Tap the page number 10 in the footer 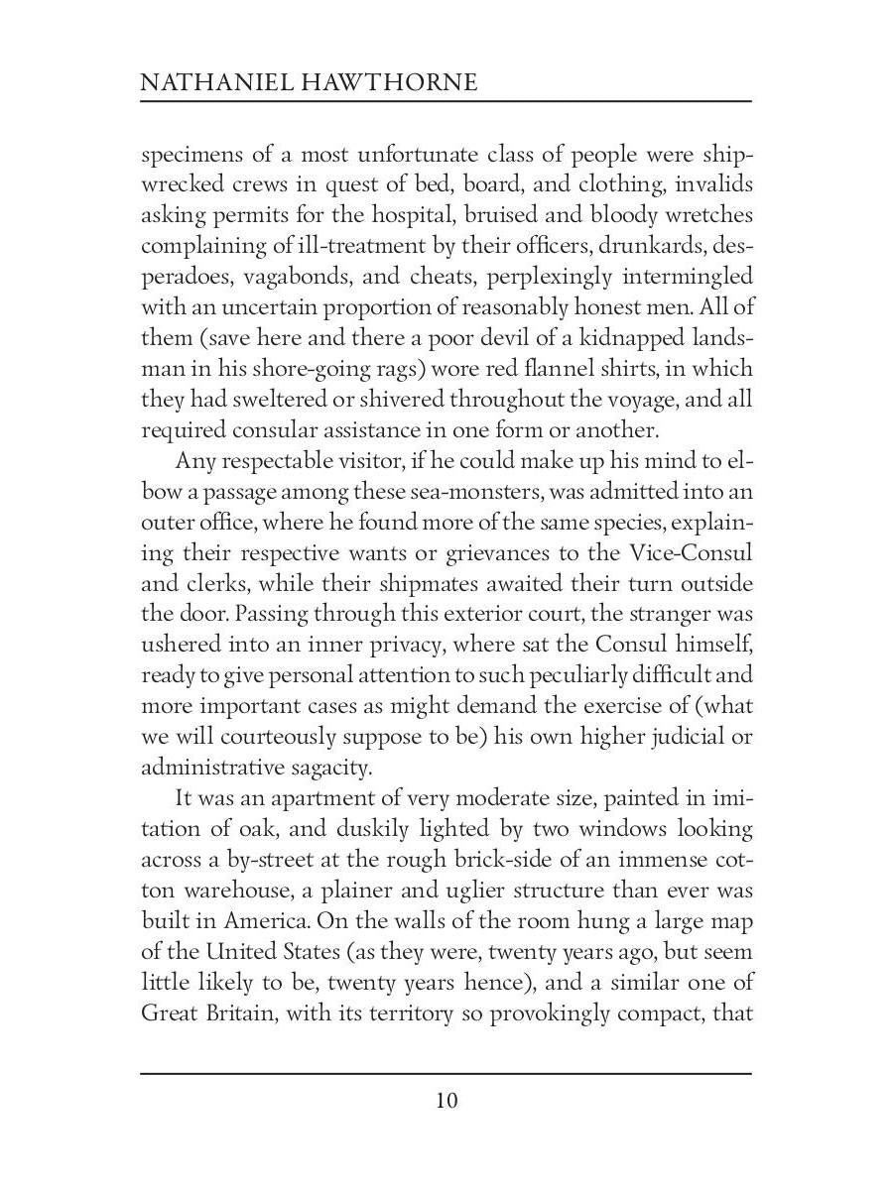[446, 1100]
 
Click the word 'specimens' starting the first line [189, 156]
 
